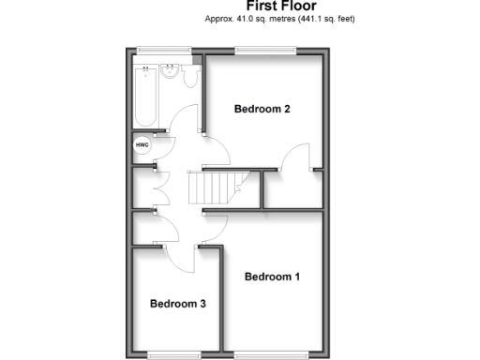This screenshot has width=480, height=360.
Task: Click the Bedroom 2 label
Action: point(262,110)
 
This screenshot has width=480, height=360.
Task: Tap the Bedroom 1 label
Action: point(273,277)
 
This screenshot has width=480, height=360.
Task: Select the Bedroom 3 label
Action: point(177,304)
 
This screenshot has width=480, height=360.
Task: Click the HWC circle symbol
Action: point(142,145)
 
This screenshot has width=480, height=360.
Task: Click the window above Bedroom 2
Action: point(266,51)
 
